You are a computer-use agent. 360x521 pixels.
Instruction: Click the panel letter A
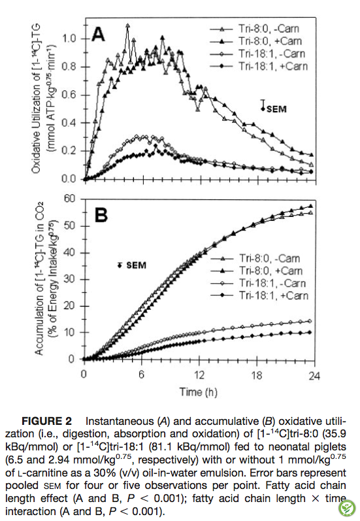(98, 34)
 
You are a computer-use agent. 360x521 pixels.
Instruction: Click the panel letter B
(101, 214)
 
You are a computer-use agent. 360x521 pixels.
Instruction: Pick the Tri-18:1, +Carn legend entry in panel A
(259, 66)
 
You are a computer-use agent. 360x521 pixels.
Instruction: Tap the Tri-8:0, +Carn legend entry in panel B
(256, 271)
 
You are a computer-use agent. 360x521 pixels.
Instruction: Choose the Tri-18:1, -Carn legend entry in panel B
(258, 283)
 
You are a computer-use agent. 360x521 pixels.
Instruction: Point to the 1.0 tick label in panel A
(69, 39)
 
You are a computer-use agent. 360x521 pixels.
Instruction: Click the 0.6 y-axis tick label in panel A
(69, 95)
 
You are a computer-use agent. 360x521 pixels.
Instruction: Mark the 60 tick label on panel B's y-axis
(70, 199)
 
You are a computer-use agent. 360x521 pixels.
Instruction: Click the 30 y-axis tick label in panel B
(70, 279)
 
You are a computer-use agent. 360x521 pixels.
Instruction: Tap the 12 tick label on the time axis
(199, 375)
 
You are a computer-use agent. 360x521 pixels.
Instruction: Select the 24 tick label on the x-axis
(314, 376)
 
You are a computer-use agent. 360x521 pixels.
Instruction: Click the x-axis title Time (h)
(199, 392)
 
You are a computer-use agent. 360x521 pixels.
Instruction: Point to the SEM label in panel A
(276, 109)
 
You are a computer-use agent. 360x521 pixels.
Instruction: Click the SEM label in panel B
(136, 265)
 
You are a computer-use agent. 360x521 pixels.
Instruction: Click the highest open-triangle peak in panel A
(127, 25)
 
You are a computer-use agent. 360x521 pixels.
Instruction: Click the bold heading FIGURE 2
(46, 422)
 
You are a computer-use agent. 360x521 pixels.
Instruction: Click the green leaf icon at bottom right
(347, 508)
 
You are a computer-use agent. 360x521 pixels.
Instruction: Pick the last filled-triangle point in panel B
(310, 206)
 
